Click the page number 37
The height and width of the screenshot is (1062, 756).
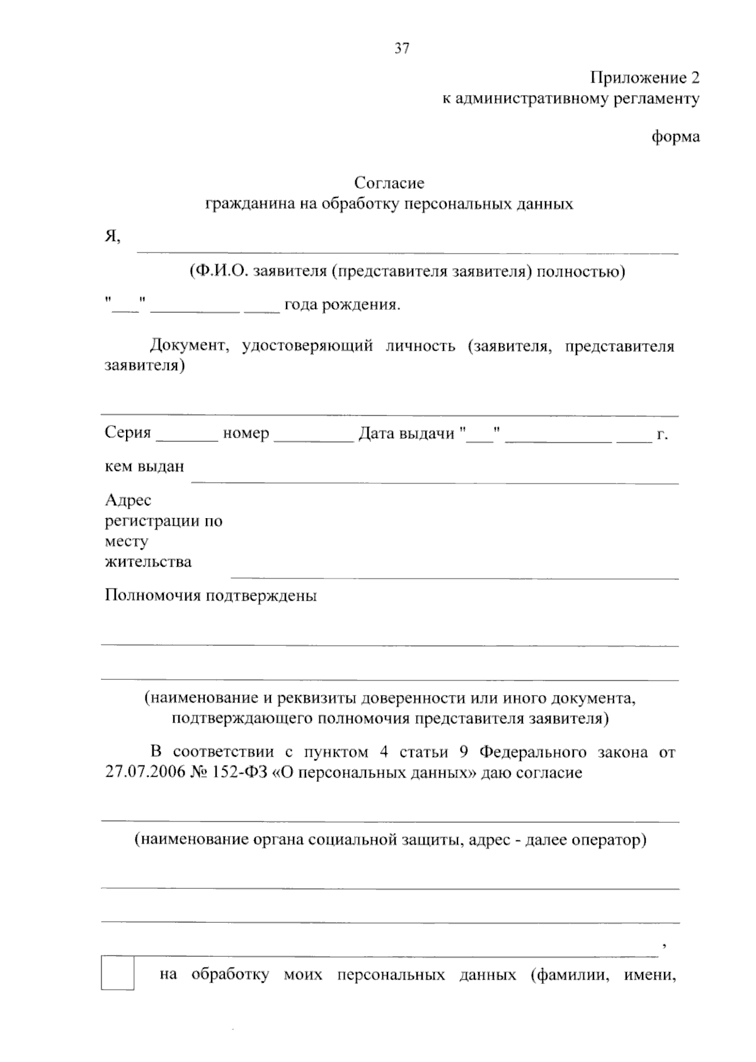point(402,48)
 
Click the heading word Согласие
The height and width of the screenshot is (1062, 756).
point(389,183)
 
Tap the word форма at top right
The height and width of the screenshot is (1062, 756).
point(676,137)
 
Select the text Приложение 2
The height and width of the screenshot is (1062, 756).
point(644,78)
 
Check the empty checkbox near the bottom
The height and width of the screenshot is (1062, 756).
point(117,973)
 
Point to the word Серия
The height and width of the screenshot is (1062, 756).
point(128,433)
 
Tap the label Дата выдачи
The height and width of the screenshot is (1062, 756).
point(406,433)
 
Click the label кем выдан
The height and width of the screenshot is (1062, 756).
point(144,466)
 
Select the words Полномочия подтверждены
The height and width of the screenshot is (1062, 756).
point(210,596)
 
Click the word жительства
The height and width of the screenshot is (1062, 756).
point(148,562)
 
